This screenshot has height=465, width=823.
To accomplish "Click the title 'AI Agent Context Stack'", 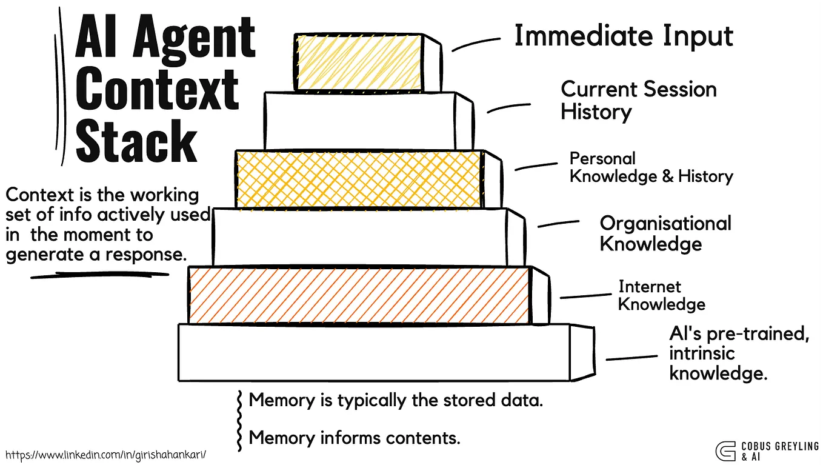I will click(165, 90).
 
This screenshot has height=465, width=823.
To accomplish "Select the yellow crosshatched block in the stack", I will click(359, 179).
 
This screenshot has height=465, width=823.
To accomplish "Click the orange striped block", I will click(359, 295).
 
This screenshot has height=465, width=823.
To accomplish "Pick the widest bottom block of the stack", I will click(374, 352).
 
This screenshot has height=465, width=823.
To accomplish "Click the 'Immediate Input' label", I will click(623, 36).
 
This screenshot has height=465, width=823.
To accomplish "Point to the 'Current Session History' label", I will click(638, 100).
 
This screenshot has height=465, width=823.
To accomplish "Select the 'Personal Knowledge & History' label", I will click(651, 167).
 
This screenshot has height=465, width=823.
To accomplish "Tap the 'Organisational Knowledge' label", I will click(665, 233).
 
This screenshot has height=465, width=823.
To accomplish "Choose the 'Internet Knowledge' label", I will click(661, 295).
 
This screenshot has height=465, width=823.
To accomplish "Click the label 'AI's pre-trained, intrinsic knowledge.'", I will click(739, 353).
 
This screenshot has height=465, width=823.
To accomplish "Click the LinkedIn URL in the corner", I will click(110, 454).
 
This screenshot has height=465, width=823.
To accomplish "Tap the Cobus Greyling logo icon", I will click(725, 451).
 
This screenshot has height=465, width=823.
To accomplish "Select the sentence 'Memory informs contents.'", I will click(355, 437).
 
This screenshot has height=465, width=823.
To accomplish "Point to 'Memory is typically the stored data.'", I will click(396, 400).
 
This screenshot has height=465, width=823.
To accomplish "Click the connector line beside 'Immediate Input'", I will click(475, 43).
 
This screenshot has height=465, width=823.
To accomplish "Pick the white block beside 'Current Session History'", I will click(359, 121).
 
